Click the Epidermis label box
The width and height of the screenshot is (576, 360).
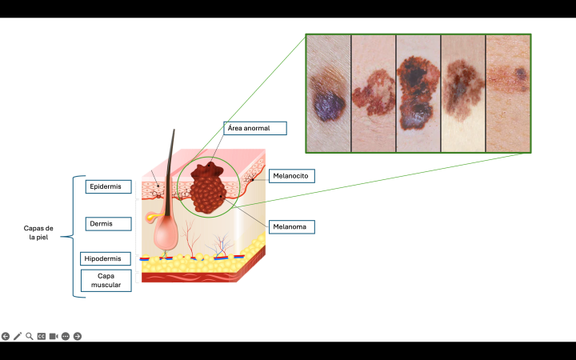pyautogui.click(x=108, y=186)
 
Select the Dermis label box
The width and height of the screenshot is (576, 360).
pyautogui.click(x=108, y=224)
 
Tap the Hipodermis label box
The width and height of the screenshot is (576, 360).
pyautogui.click(x=106, y=258)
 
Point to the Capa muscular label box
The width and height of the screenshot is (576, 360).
pyautogui.click(x=106, y=280)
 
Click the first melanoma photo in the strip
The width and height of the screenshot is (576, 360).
pyautogui.click(x=329, y=93)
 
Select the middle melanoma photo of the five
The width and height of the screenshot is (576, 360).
pyautogui.click(x=418, y=93)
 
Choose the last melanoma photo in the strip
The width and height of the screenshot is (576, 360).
pyautogui.click(x=508, y=93)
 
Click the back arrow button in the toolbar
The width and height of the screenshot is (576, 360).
pyautogui.click(x=6, y=336)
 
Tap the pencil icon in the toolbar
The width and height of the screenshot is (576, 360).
pyautogui.click(x=18, y=336)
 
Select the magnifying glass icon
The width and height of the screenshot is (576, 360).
pyautogui.click(x=30, y=336)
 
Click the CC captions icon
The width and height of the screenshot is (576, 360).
pyautogui.click(x=42, y=336)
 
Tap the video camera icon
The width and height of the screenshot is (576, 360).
pyautogui.click(x=54, y=336)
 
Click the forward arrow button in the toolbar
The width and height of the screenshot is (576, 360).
pyautogui.click(x=78, y=336)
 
